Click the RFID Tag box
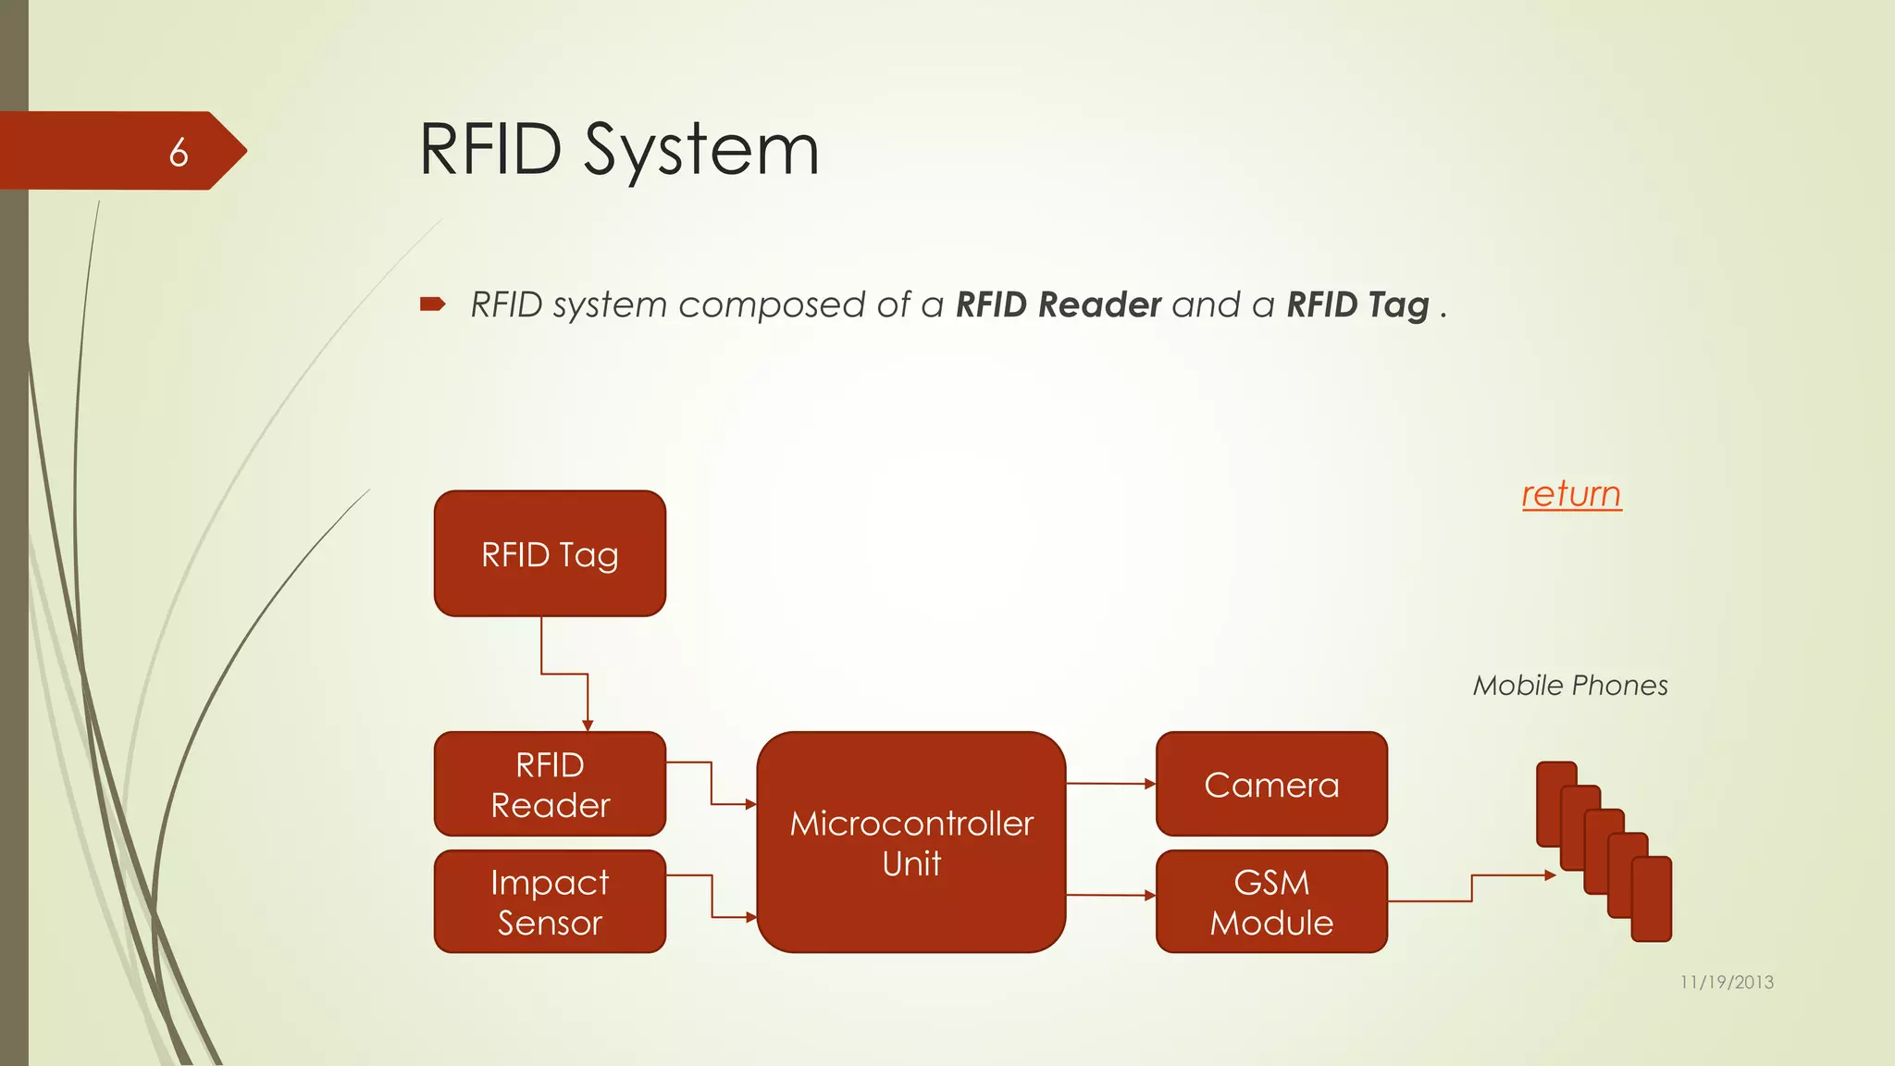[550, 553]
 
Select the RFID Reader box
[550, 784]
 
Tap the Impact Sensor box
[550, 901]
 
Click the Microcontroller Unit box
[911, 842]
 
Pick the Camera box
[1271, 784]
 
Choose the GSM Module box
[1271, 901]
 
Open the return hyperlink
[1571, 493]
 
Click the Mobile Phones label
[1570, 686]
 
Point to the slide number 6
[179, 152]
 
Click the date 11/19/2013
[1727, 982]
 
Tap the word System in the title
[701, 150]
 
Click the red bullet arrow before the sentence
[432, 304]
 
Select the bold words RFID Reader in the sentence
[1058, 304]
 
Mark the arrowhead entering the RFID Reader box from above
[588, 725]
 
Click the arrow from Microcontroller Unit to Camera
[1110, 784]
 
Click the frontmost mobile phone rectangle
[1652, 899]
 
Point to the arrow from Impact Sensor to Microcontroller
[712, 896]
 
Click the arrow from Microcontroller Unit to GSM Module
[1110, 895]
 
